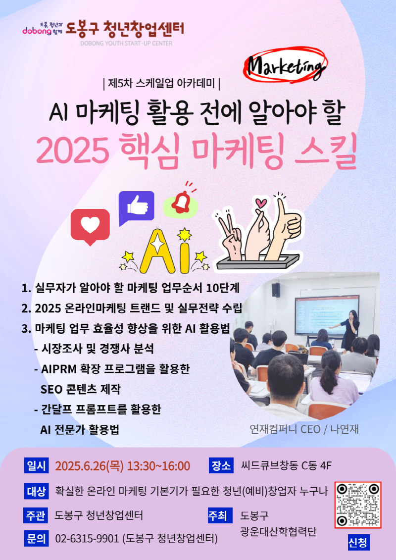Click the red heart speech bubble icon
point(90,226)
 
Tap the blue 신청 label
point(358,543)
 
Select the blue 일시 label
point(36,465)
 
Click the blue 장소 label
point(221,465)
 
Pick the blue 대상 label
point(36,491)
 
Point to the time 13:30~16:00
point(158,466)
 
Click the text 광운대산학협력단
point(278,532)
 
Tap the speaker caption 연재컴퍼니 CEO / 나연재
point(304,429)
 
